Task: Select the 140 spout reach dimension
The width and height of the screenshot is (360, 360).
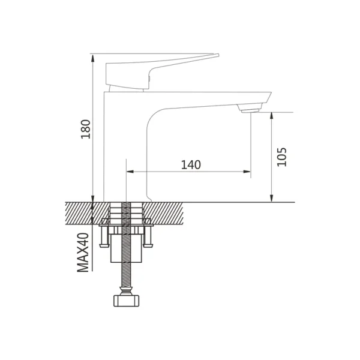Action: tap(190, 164)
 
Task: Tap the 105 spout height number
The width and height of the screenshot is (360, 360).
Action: tap(283, 156)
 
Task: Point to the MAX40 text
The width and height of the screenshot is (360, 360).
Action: tap(83, 253)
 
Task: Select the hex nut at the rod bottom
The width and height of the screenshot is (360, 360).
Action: tap(125, 299)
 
